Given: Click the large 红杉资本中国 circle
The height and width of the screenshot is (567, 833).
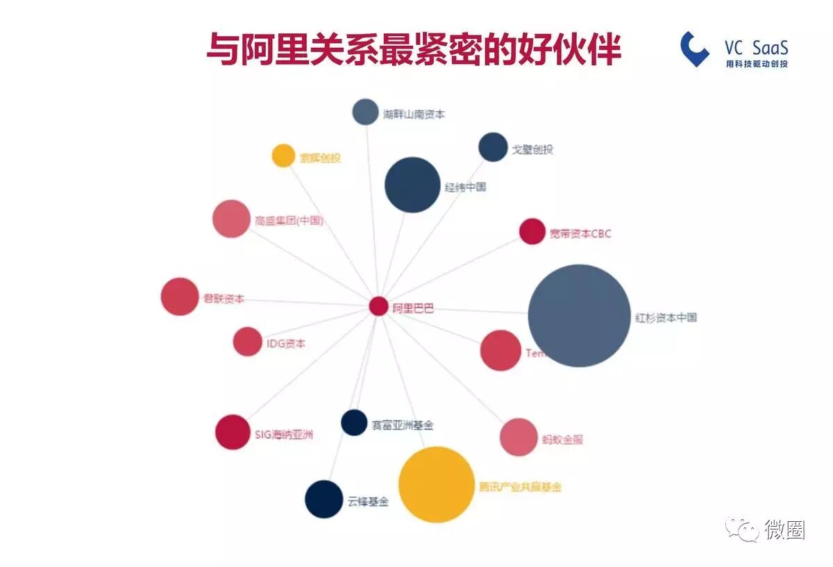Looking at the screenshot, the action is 579,316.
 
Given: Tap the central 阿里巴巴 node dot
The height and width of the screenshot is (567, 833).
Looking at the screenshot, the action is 378,306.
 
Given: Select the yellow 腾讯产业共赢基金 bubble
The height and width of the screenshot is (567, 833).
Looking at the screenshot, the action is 436,484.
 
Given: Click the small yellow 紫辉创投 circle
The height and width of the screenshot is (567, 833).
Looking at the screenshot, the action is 283,155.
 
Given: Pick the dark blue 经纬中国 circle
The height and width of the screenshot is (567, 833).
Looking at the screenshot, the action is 412,185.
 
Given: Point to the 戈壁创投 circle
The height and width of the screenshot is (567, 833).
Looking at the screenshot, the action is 493,147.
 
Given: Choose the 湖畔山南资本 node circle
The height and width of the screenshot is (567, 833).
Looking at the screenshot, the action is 365,112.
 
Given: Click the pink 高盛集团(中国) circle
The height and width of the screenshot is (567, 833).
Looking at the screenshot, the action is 231,219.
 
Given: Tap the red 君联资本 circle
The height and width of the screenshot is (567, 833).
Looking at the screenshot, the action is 180,296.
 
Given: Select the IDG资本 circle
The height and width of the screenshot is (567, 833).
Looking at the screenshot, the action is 247,341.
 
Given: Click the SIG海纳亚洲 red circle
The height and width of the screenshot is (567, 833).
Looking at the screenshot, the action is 233,432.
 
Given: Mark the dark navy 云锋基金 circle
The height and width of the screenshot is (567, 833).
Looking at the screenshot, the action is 324,499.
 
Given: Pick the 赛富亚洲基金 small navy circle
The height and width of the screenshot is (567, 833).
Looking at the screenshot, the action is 354,423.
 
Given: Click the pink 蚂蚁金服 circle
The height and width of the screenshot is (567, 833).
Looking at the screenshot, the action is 519,437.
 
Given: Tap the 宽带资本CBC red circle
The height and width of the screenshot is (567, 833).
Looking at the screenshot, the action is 532,232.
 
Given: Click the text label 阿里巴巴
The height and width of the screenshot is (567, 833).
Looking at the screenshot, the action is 413,308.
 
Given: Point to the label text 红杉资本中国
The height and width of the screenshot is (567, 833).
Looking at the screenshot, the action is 666,318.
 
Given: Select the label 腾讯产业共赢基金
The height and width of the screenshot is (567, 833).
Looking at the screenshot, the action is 520,487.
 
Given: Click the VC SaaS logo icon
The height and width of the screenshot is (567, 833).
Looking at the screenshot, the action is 695,49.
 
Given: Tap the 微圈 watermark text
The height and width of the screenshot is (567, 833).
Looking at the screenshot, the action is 785,530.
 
